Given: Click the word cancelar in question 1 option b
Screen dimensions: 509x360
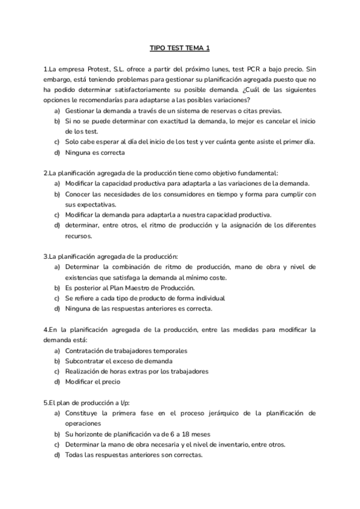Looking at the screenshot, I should [x=273, y=121].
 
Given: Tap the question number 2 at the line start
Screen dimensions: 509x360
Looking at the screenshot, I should [x=46, y=173].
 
